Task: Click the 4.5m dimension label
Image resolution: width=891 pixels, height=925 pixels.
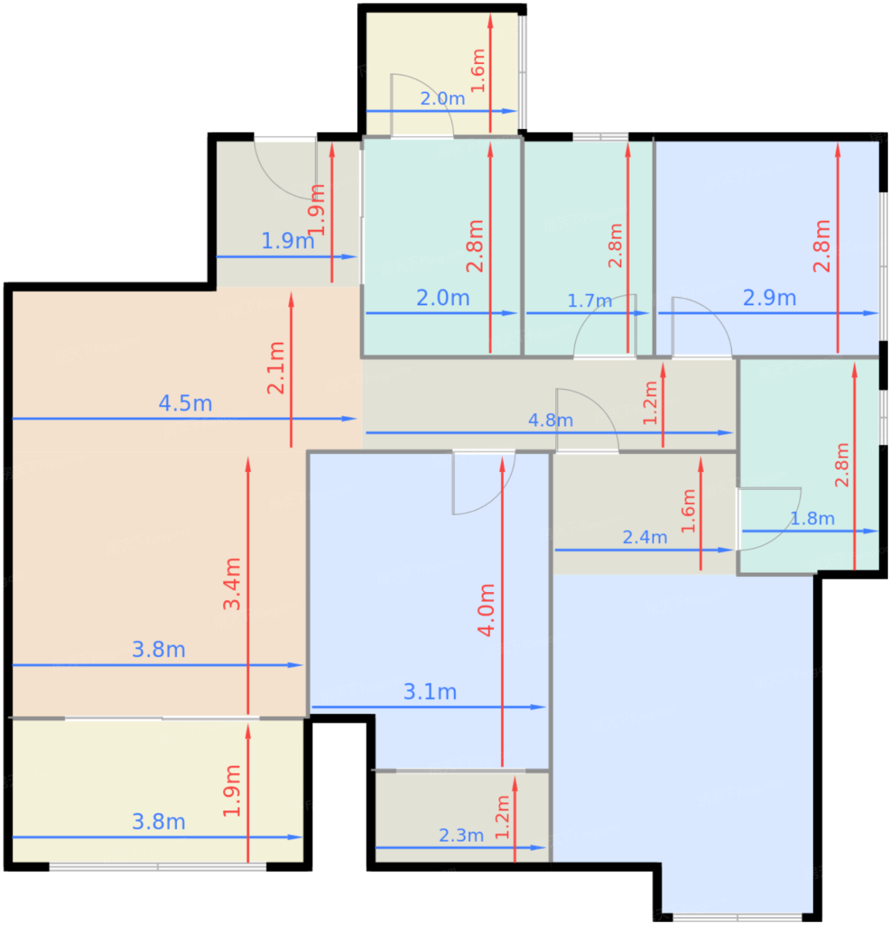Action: (185, 403)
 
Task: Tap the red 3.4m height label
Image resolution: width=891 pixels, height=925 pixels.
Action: (231, 584)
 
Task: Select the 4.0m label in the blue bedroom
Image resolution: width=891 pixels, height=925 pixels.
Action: (486, 610)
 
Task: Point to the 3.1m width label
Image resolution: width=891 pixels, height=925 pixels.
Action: (430, 692)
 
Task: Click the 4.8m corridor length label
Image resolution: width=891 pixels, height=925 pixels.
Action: (550, 420)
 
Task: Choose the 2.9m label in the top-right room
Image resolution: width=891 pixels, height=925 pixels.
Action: (769, 297)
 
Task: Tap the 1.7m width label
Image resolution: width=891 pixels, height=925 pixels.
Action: (590, 301)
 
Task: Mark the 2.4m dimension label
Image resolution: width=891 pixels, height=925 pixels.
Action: (644, 537)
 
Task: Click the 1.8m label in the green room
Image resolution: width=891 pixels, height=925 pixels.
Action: (812, 519)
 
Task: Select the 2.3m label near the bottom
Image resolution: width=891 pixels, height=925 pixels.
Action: (461, 835)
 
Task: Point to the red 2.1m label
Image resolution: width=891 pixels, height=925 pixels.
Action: (276, 368)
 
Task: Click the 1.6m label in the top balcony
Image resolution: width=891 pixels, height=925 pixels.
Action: (478, 71)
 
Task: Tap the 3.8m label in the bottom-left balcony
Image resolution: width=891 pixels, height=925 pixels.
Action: (159, 822)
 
